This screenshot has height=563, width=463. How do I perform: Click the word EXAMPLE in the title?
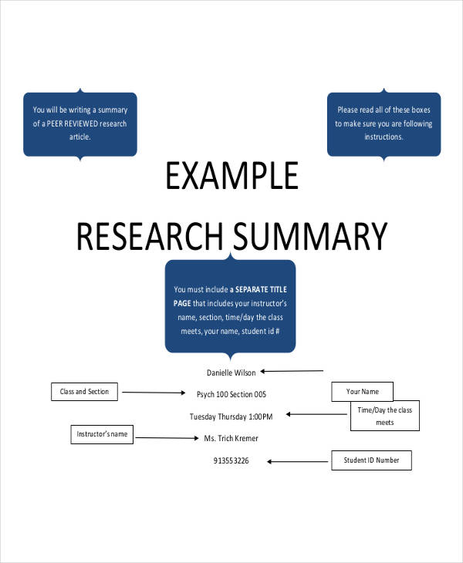(231, 177)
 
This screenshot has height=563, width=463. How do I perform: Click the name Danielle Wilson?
(231, 373)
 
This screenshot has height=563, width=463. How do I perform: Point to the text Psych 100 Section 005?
(231, 394)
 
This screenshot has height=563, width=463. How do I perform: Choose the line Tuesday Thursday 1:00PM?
(231, 416)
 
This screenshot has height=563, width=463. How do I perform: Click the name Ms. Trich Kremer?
(231, 438)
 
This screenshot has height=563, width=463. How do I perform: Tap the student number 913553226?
(231, 460)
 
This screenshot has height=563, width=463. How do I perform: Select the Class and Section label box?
(85, 392)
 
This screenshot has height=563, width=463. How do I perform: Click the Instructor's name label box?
(102, 434)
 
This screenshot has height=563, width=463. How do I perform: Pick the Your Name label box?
(361, 391)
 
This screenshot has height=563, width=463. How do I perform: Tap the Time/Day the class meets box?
(384, 416)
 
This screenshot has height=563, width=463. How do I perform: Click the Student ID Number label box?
(371, 460)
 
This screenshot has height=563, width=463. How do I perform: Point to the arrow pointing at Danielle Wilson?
(292, 371)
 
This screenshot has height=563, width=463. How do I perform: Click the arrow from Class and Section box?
(154, 393)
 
